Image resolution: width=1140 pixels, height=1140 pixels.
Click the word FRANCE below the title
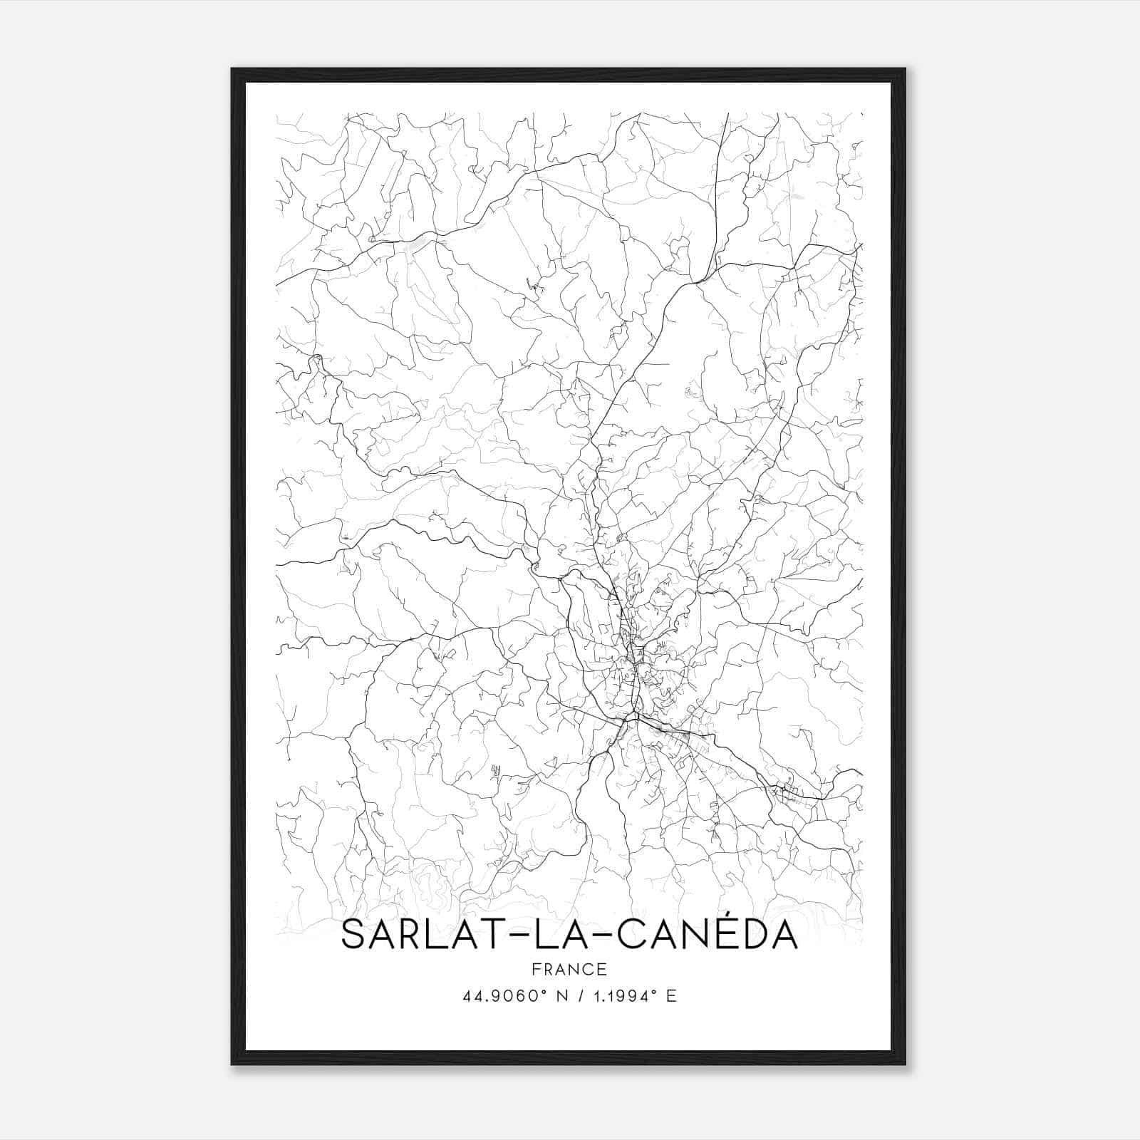point(569,969)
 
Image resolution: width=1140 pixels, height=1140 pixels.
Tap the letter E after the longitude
point(670,996)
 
